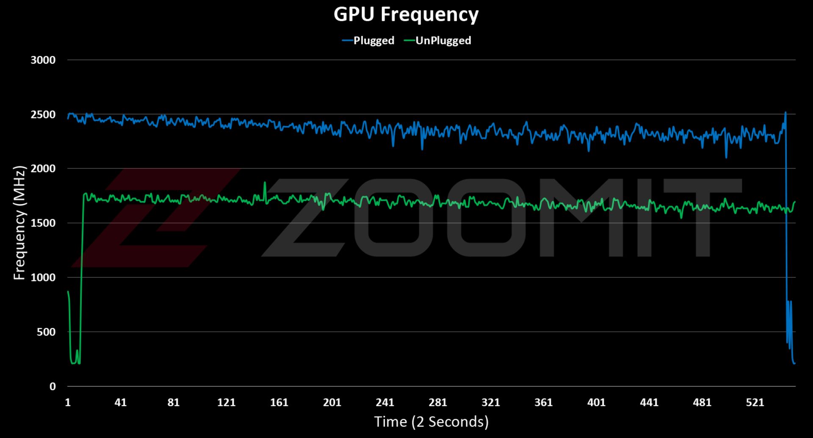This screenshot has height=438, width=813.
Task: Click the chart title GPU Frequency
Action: coord(406,14)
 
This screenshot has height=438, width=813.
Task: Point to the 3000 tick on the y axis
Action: coord(43,60)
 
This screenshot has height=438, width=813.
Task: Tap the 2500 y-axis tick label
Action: coord(43,115)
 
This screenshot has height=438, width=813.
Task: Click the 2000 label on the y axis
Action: coord(43,169)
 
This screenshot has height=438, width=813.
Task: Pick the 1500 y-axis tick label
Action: coord(43,223)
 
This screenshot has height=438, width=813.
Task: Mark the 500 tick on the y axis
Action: coord(46,332)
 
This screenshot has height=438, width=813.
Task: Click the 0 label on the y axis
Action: coord(53,386)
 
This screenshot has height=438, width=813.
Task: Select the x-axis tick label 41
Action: coord(121,402)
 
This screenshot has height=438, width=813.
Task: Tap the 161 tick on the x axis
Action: coord(279,402)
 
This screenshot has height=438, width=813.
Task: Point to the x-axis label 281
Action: coord(438,402)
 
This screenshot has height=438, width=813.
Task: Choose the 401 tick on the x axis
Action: coord(596,402)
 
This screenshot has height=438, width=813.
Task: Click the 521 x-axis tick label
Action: coord(755,402)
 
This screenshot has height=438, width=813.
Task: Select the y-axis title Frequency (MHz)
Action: coord(19,223)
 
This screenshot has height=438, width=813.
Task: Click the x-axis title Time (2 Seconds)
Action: coord(431,422)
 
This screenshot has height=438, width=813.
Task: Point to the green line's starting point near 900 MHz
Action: coord(68,291)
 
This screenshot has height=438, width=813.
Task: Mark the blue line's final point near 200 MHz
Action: coord(794,363)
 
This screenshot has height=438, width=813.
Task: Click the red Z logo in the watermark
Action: coord(157,218)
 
